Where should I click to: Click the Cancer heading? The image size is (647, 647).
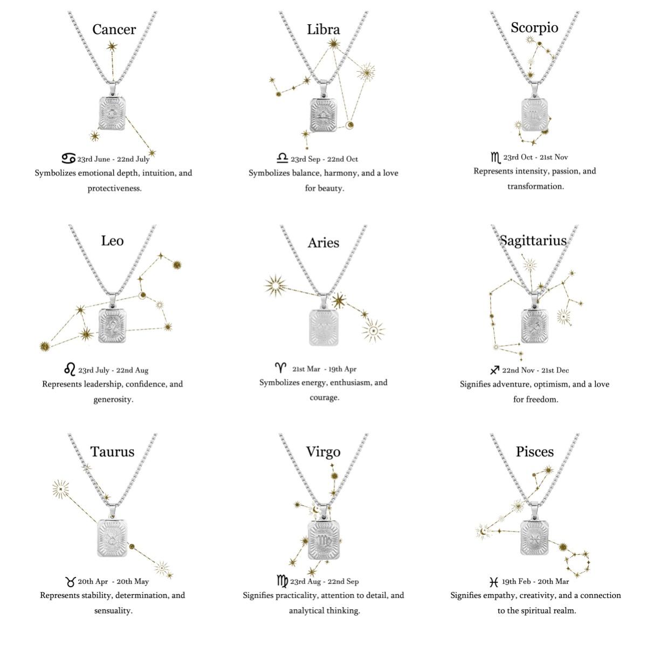point(114,30)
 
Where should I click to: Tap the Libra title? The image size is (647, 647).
point(323,30)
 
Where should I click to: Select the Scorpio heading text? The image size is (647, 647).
point(534,28)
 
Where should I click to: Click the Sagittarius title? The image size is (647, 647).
point(533,241)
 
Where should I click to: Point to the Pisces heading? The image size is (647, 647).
point(534,452)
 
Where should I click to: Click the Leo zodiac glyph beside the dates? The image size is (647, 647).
point(70,369)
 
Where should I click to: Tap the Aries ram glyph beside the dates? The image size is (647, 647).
point(281,368)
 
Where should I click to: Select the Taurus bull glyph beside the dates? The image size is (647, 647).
point(71,582)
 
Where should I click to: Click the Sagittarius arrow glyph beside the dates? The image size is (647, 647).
point(494,370)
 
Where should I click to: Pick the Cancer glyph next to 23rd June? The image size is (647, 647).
point(68,158)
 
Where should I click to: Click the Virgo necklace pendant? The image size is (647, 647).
point(323,541)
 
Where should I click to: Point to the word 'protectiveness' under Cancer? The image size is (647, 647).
point(114,188)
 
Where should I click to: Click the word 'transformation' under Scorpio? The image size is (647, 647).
point(535,187)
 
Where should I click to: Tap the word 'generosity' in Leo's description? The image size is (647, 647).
point(113,400)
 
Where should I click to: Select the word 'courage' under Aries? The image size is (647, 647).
point(325,398)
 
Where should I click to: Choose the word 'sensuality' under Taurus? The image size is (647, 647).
point(113,610)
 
